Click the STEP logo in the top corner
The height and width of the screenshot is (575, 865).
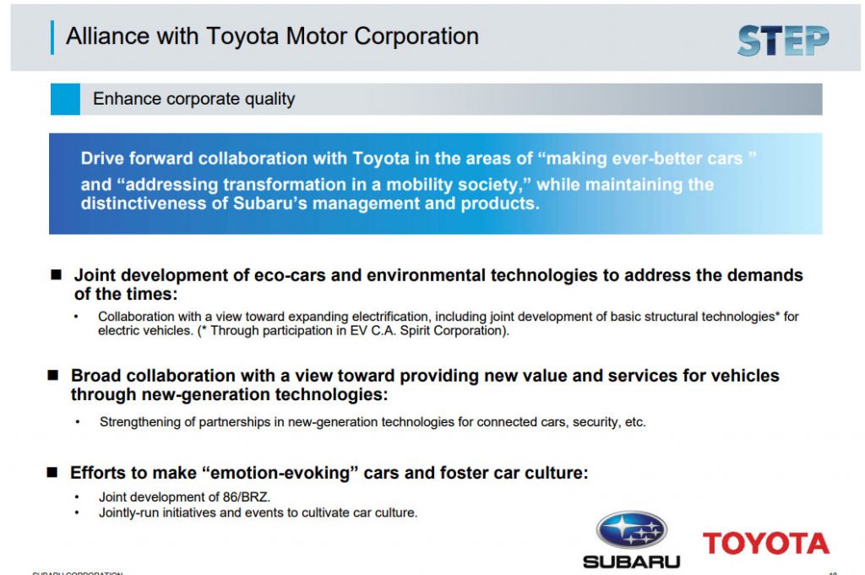pos(782,41)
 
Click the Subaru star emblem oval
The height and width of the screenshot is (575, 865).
pos(631,530)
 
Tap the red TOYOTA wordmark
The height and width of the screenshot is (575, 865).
pos(765,544)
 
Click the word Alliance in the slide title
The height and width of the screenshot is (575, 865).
pos(104,36)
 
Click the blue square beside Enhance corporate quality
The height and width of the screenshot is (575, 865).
pos(64,99)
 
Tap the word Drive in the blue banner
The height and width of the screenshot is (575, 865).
pos(101,159)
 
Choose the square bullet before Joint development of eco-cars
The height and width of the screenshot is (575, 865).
pos(57,275)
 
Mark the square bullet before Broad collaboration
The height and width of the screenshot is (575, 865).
pos(53,375)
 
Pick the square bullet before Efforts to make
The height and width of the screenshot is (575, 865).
pos(52,473)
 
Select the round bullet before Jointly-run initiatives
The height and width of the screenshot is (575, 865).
pos(78,513)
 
